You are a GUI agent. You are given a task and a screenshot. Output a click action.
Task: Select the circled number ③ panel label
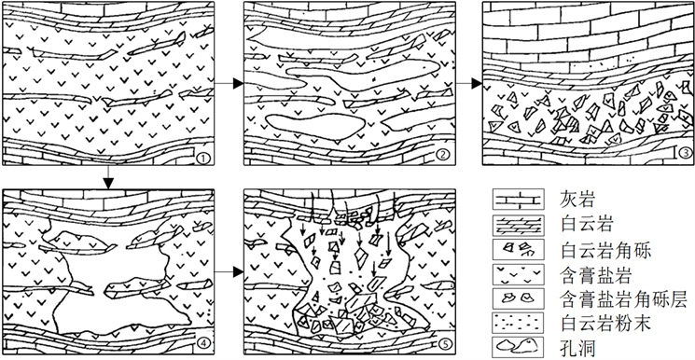(x=684, y=153)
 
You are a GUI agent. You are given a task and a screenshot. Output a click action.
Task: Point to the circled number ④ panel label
(x=202, y=342)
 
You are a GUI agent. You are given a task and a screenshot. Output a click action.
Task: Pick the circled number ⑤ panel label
(x=443, y=343)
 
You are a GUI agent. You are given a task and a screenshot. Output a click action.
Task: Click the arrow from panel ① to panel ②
(x=229, y=83)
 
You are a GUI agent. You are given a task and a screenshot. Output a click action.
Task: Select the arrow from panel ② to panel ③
(x=469, y=83)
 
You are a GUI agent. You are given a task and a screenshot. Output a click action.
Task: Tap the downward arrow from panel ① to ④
(x=108, y=177)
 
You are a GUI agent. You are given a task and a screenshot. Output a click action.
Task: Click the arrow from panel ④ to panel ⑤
(x=229, y=271)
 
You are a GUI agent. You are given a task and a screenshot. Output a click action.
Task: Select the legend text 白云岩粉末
(x=605, y=324)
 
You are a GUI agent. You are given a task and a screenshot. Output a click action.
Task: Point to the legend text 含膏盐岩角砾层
(x=624, y=299)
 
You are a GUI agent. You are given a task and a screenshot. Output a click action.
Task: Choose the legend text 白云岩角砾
(x=605, y=251)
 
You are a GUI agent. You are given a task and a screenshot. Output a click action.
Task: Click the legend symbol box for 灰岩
(x=518, y=200)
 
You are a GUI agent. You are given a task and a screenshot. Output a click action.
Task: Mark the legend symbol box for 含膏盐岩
(x=518, y=275)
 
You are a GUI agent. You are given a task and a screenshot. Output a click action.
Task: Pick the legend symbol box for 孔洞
(x=518, y=348)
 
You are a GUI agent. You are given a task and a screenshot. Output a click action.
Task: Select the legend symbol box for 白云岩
(x=518, y=225)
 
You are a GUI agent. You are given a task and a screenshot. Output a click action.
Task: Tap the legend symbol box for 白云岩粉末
(x=518, y=324)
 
